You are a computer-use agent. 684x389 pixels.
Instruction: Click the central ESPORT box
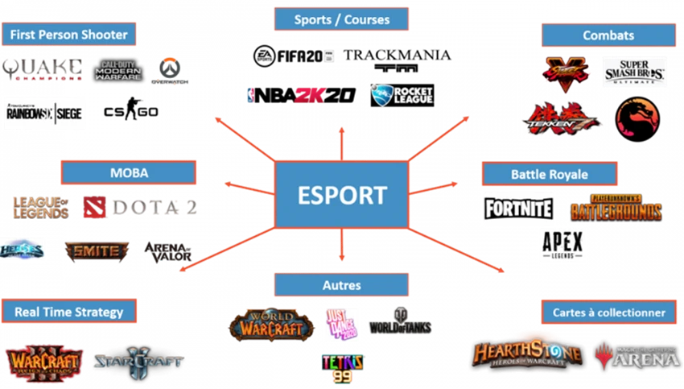(x=341, y=193)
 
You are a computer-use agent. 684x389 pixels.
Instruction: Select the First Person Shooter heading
(x=68, y=35)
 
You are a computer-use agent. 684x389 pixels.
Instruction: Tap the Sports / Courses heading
(x=342, y=19)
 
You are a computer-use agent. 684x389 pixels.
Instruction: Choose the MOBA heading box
(x=129, y=172)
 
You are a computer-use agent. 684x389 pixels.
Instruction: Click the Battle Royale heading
(x=549, y=174)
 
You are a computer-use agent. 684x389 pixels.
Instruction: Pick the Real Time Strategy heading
(x=68, y=312)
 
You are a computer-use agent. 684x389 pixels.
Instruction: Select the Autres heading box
(x=341, y=285)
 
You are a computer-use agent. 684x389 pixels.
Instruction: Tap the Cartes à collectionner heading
(x=608, y=312)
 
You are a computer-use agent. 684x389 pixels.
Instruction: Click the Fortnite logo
(x=518, y=209)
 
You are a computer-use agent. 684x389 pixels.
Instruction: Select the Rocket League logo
(x=403, y=96)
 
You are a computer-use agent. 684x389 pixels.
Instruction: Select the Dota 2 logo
(x=140, y=207)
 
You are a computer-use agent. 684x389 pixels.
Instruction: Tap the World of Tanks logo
(x=400, y=321)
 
